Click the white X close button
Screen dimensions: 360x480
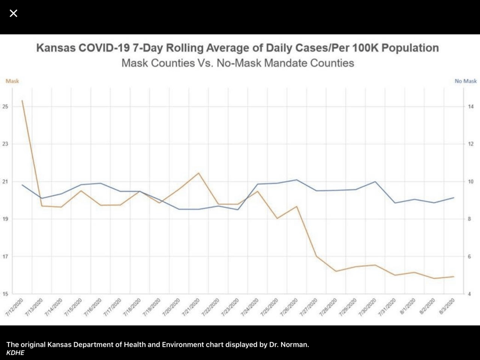pyautogui.click(x=13, y=13)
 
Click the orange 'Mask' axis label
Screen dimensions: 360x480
pyautogui.click(x=12, y=81)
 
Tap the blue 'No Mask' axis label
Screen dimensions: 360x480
pyautogui.click(x=466, y=81)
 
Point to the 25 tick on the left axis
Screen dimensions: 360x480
pyautogui.click(x=5, y=107)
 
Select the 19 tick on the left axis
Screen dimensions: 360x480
pyautogui.click(x=5, y=219)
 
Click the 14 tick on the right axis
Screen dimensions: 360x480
pyautogui.click(x=471, y=107)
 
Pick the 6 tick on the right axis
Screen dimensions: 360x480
pyautogui.click(x=470, y=257)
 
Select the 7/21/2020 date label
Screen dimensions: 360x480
pyautogui.click(x=191, y=308)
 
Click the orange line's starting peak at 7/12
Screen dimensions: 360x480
pyautogui.click(x=22, y=100)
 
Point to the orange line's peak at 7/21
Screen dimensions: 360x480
pyautogui.click(x=198, y=173)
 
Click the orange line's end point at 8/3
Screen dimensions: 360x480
pyautogui.click(x=454, y=276)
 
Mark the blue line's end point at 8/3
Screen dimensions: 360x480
pyautogui.click(x=454, y=198)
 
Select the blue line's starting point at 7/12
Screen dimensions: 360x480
pyautogui.click(x=22, y=185)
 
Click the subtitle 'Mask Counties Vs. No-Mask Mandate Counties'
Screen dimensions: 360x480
pyautogui.click(x=238, y=63)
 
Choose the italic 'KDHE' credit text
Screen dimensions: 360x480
pyautogui.click(x=15, y=353)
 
